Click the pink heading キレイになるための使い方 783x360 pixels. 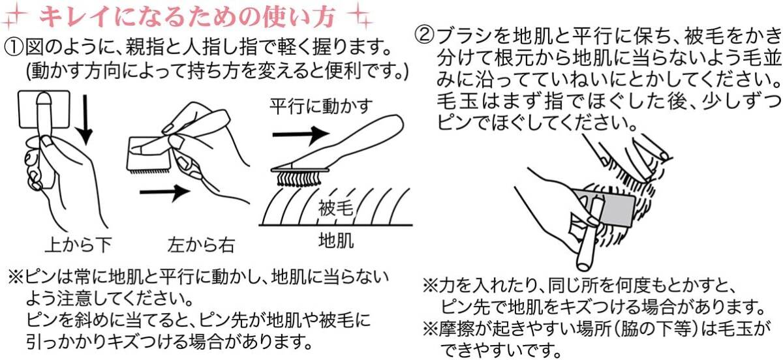click(x=188, y=16)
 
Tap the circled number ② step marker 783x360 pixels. click(x=425, y=36)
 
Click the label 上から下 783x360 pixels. click(x=78, y=245)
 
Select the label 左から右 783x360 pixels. click(x=201, y=245)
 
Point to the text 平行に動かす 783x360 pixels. click(x=321, y=106)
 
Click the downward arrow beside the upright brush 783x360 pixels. click(x=84, y=119)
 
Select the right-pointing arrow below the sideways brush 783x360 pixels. click(x=165, y=192)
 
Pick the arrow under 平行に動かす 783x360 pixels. click(x=301, y=135)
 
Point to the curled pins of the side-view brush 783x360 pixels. click(x=299, y=179)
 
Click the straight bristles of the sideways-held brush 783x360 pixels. click(x=149, y=172)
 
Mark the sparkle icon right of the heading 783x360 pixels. click(x=361, y=16)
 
